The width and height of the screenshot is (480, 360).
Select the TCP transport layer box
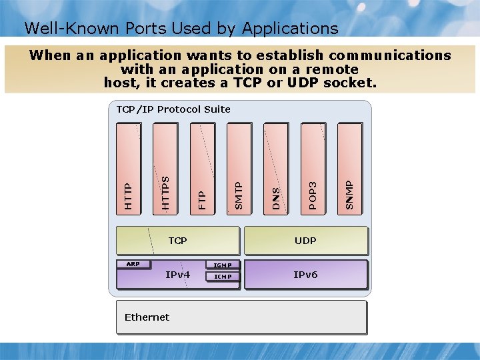pos(177,241)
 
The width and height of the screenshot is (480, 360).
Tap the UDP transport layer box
pos(306,241)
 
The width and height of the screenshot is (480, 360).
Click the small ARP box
pos(133,264)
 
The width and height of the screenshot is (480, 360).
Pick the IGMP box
pos(223,265)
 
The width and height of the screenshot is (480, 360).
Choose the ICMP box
pos(223,277)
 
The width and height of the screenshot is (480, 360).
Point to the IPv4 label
pos(178,275)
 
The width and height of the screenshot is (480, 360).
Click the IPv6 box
pos(306,274)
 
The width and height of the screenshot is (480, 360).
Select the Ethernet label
pos(147,317)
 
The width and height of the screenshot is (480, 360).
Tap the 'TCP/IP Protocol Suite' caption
pos(173,109)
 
